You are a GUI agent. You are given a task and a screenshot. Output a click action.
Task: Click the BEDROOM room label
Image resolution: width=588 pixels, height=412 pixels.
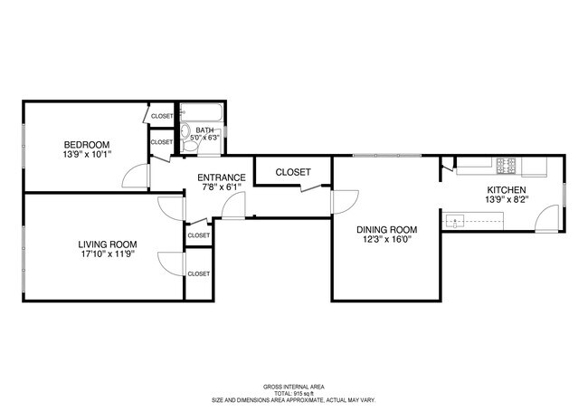86,145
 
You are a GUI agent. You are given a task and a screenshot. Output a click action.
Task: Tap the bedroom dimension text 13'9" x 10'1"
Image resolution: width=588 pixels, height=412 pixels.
86,155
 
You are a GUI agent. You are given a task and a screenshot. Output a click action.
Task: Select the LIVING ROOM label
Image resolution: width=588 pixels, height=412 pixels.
107,244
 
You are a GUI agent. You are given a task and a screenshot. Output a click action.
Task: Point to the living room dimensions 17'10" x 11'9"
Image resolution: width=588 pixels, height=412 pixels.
107,254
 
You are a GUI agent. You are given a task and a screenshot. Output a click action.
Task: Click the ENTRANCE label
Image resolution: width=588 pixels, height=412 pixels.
222,177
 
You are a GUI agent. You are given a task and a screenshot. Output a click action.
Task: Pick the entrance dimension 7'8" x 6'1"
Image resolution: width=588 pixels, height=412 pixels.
222,187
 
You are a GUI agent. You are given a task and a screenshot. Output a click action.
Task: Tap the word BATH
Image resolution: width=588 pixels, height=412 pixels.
205,130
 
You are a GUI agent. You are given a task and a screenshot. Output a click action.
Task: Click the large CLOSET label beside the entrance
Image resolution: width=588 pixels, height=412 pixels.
292,172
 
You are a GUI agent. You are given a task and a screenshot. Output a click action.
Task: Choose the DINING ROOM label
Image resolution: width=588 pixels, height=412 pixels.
385,229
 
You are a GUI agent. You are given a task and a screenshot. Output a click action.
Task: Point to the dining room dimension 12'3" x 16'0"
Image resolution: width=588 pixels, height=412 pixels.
385,240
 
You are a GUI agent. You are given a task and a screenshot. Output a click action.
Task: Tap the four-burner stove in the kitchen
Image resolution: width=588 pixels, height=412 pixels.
507,166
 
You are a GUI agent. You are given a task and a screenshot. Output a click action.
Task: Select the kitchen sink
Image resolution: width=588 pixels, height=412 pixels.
457,219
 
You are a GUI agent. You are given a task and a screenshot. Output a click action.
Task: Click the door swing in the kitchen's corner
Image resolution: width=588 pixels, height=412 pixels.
548,218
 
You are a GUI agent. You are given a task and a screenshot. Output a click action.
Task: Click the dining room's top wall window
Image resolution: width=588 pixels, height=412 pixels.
386,156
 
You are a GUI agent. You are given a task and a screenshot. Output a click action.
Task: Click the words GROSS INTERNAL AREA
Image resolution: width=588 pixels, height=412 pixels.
293,385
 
